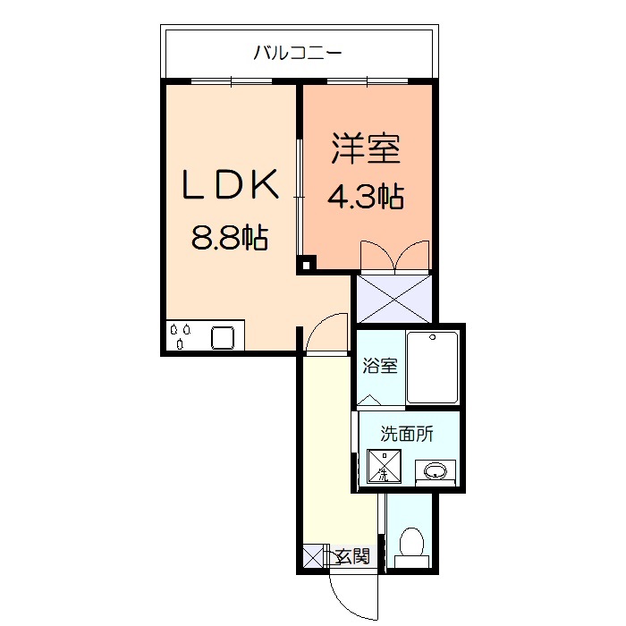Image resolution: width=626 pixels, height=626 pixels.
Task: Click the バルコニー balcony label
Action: (x=297, y=53)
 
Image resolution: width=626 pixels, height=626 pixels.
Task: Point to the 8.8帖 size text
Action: (x=230, y=238)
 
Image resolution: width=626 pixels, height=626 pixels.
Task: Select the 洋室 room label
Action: (x=366, y=148)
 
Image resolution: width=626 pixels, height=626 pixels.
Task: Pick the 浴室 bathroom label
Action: (x=380, y=366)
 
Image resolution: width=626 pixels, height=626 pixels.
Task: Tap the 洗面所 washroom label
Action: (x=407, y=435)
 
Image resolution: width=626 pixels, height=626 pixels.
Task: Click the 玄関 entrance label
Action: (x=351, y=556)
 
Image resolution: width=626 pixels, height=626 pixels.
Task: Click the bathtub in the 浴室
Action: (x=433, y=368)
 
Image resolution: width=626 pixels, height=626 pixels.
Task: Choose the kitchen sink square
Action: (x=224, y=338)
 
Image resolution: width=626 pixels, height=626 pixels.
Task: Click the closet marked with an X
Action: (x=393, y=298)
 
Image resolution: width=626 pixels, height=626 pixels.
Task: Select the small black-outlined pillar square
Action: (x=307, y=264)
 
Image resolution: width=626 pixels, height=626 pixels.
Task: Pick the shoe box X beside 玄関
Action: (x=312, y=557)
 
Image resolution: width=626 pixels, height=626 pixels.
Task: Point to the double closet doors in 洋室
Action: (x=393, y=255)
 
